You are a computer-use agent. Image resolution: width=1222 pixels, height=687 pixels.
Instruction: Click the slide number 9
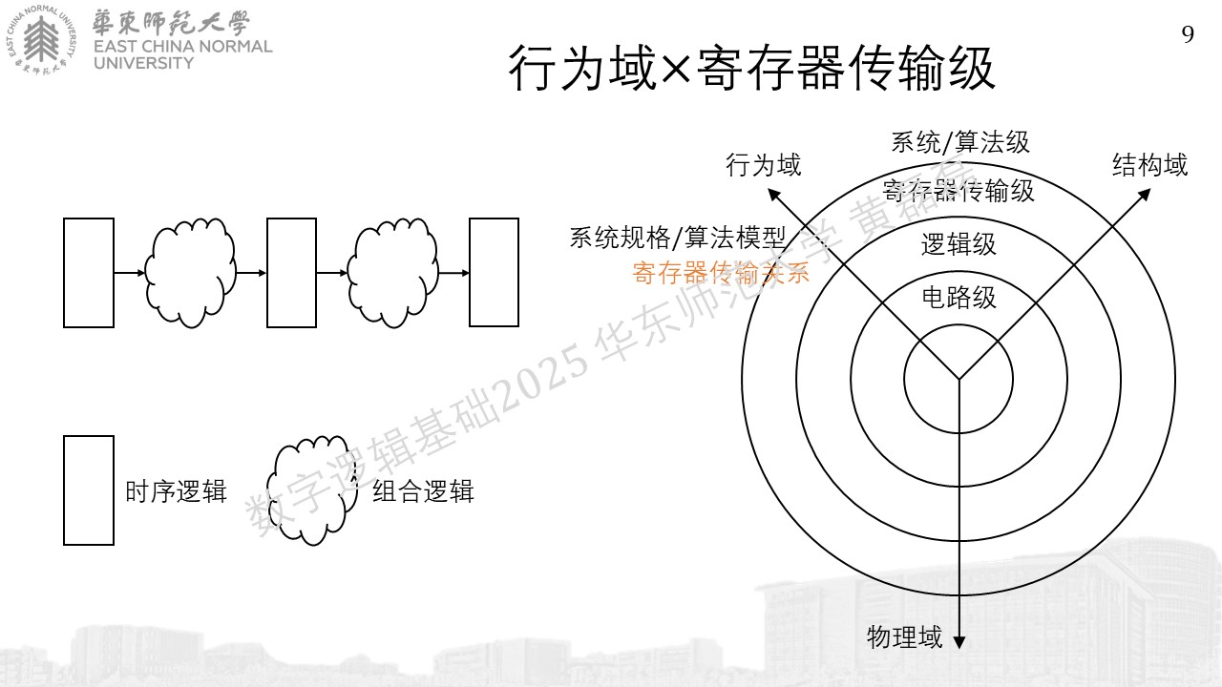[1188, 34]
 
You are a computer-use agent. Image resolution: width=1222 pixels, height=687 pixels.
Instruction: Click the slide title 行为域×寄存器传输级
[751, 68]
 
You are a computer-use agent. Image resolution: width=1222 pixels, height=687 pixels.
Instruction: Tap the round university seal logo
[41, 40]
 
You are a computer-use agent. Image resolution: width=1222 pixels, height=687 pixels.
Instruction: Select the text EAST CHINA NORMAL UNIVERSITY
[182, 54]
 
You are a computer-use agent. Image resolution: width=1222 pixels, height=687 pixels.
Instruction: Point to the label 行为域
[763, 165]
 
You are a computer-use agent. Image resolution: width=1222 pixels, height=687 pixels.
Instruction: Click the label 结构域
[1149, 165]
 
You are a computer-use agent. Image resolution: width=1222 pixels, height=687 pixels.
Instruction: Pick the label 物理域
[904, 636]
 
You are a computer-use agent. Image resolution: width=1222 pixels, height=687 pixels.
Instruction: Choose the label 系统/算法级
[960, 142]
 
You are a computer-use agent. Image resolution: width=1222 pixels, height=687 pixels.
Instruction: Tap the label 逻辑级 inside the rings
[959, 244]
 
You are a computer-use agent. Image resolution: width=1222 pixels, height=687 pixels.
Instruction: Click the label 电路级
[959, 298]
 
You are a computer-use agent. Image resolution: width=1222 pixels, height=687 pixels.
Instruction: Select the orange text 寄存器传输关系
[721, 273]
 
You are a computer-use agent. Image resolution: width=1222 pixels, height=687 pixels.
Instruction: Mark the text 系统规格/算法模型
[677, 238]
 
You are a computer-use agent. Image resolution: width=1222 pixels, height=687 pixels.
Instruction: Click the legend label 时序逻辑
[176, 491]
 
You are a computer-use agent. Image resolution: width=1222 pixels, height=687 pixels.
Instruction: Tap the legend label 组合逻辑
[423, 491]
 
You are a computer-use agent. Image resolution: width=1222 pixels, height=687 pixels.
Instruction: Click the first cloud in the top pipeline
[190, 273]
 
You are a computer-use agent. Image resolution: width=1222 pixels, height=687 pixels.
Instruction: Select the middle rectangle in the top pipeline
[291, 273]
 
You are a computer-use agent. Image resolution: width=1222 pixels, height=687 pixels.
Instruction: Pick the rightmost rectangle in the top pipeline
[495, 273]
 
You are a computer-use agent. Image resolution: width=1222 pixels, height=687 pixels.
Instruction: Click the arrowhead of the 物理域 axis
[959, 642]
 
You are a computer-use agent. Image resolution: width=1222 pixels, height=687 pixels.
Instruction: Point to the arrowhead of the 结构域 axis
[1145, 195]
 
